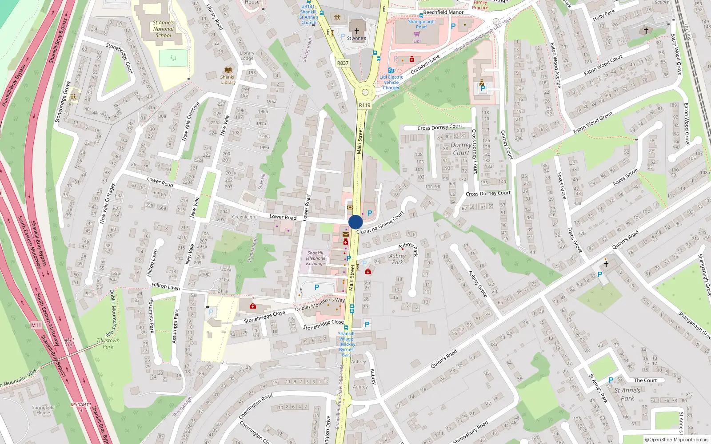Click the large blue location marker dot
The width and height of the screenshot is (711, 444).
355,222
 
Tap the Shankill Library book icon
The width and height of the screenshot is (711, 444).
228,70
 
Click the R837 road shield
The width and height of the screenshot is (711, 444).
343,63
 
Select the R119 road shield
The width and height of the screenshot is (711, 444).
364,105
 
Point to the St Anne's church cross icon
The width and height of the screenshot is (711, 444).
356,31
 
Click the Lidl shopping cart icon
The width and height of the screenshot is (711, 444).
417,34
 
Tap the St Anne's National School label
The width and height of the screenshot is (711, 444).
164,29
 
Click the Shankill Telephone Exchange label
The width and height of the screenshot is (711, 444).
315,258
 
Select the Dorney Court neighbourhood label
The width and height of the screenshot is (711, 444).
461,149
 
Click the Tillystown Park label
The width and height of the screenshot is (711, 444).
108,344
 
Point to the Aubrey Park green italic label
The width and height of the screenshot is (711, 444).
397,259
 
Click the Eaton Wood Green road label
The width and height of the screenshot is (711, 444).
592,123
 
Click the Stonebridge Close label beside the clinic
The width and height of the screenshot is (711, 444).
264,317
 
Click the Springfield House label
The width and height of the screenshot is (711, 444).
43,410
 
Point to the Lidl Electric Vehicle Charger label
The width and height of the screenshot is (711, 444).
391,82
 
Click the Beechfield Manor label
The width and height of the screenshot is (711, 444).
443,12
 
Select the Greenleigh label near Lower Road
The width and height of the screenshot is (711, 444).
244,217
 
